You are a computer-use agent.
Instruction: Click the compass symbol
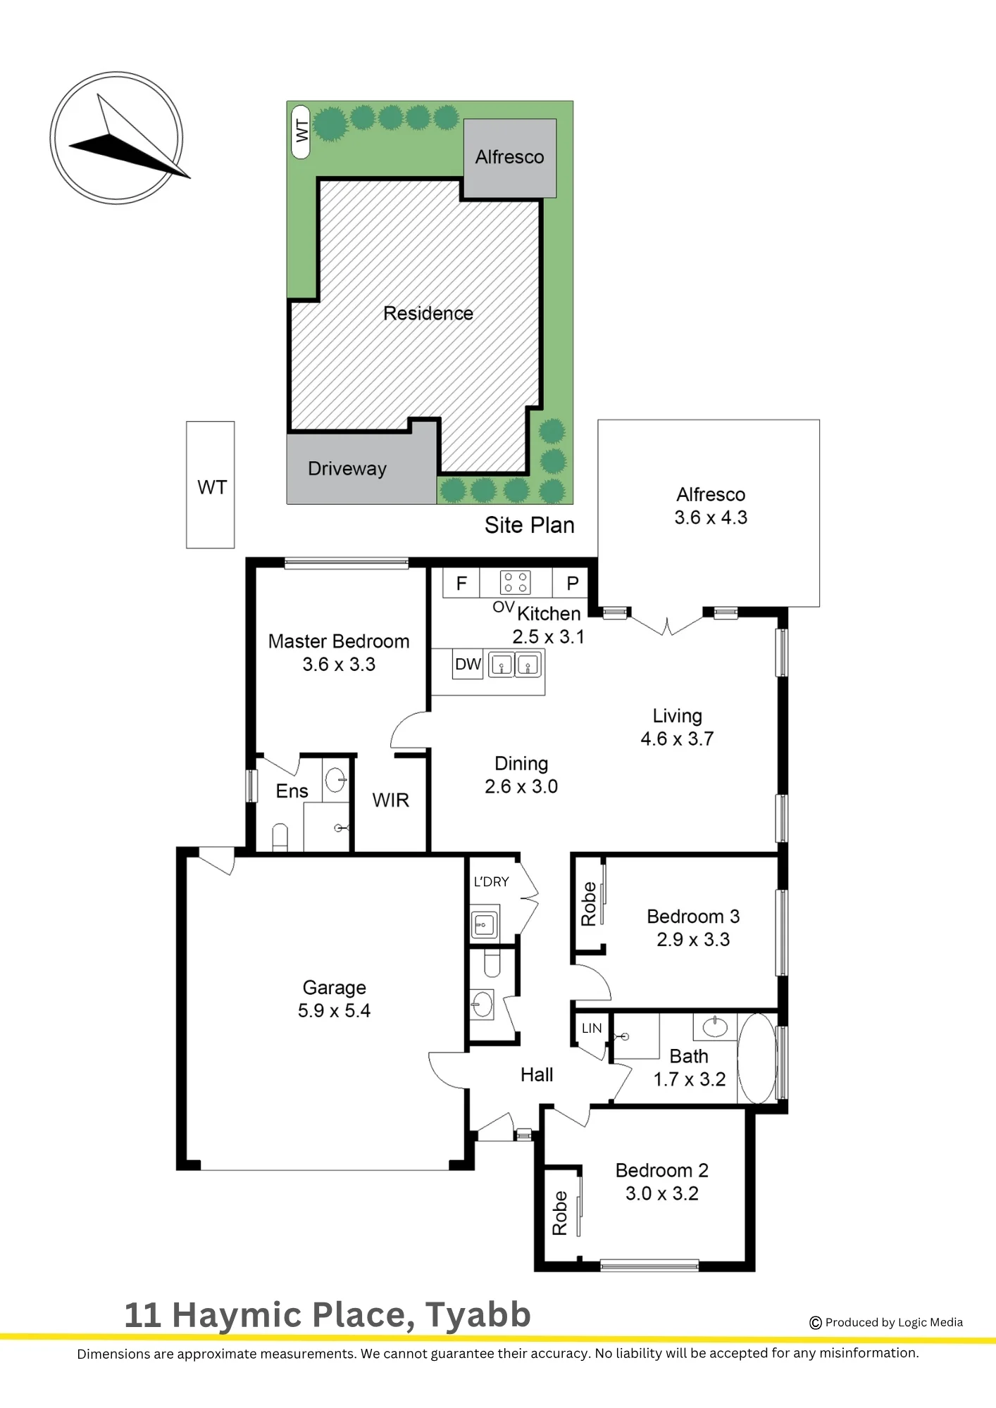116,139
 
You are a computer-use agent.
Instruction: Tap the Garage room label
334,988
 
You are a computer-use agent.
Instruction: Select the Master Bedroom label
339,641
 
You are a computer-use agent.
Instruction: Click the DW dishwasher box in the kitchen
468,664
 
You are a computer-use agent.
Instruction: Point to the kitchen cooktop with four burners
515,582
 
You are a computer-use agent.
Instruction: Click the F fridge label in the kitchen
461,583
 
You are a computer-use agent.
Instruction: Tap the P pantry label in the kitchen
573,583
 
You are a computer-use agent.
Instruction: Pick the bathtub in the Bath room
757,1058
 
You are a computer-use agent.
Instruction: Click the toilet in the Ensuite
280,837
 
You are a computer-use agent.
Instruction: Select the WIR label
390,800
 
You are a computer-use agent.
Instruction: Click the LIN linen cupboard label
592,1028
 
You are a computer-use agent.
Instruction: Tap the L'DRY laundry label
491,881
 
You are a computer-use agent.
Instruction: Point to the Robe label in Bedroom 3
588,904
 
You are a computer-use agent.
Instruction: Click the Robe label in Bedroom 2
559,1213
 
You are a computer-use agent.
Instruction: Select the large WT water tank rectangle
210,484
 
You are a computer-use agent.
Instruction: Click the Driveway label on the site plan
347,469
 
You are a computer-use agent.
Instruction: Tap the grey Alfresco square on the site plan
509,158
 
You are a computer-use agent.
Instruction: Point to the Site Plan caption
529,525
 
